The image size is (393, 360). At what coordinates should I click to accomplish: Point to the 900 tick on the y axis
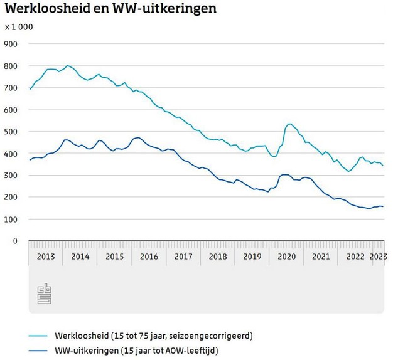(x=11, y=44)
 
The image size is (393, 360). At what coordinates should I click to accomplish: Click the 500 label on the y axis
(x=11, y=132)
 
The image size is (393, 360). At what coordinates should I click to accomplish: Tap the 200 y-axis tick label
(x=11, y=197)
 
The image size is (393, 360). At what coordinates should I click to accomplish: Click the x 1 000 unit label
(x=19, y=27)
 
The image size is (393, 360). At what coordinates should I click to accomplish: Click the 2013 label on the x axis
(x=46, y=257)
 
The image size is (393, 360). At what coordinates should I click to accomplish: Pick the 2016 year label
(x=149, y=257)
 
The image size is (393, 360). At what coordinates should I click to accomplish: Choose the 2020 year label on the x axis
(x=286, y=257)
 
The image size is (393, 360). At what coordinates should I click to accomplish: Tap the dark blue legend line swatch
(x=38, y=349)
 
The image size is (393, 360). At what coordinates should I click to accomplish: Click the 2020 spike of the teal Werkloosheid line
(x=289, y=124)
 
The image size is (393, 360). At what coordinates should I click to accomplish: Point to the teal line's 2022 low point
(x=349, y=171)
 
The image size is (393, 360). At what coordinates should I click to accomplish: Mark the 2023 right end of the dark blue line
(x=383, y=207)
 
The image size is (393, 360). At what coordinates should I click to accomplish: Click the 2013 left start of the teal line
(x=30, y=90)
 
